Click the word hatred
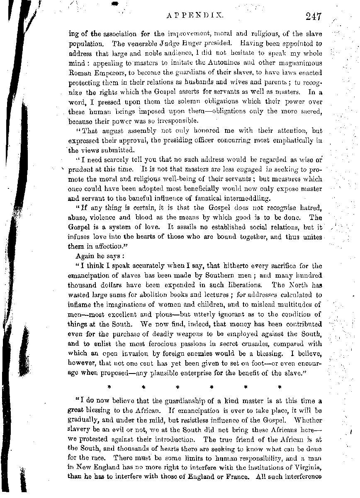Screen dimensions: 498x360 [308, 208]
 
